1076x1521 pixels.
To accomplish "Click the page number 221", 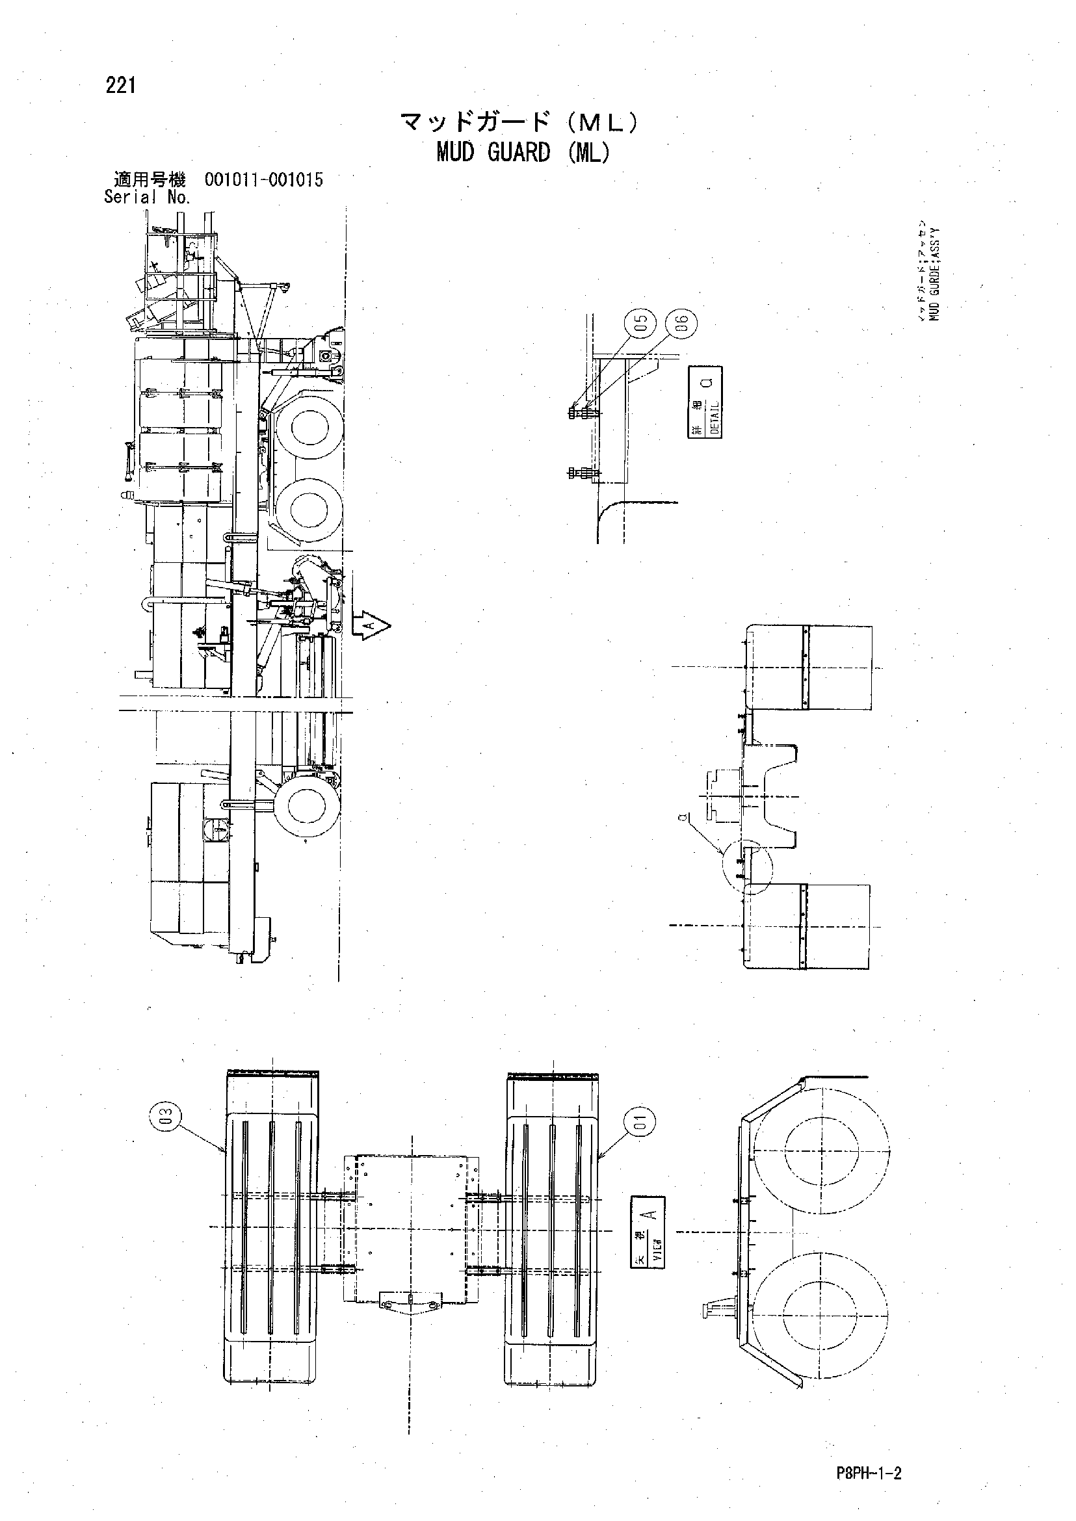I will coord(120,85).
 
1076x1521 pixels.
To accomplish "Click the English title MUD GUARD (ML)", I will coord(523,153).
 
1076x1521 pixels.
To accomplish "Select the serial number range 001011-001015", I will coord(264,180).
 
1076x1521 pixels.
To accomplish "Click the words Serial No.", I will coord(147,197).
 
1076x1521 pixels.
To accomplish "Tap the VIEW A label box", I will coord(647,1232).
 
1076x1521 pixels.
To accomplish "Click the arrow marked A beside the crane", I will coord(373,624).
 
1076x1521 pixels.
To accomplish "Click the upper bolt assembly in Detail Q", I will coord(583,413).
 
